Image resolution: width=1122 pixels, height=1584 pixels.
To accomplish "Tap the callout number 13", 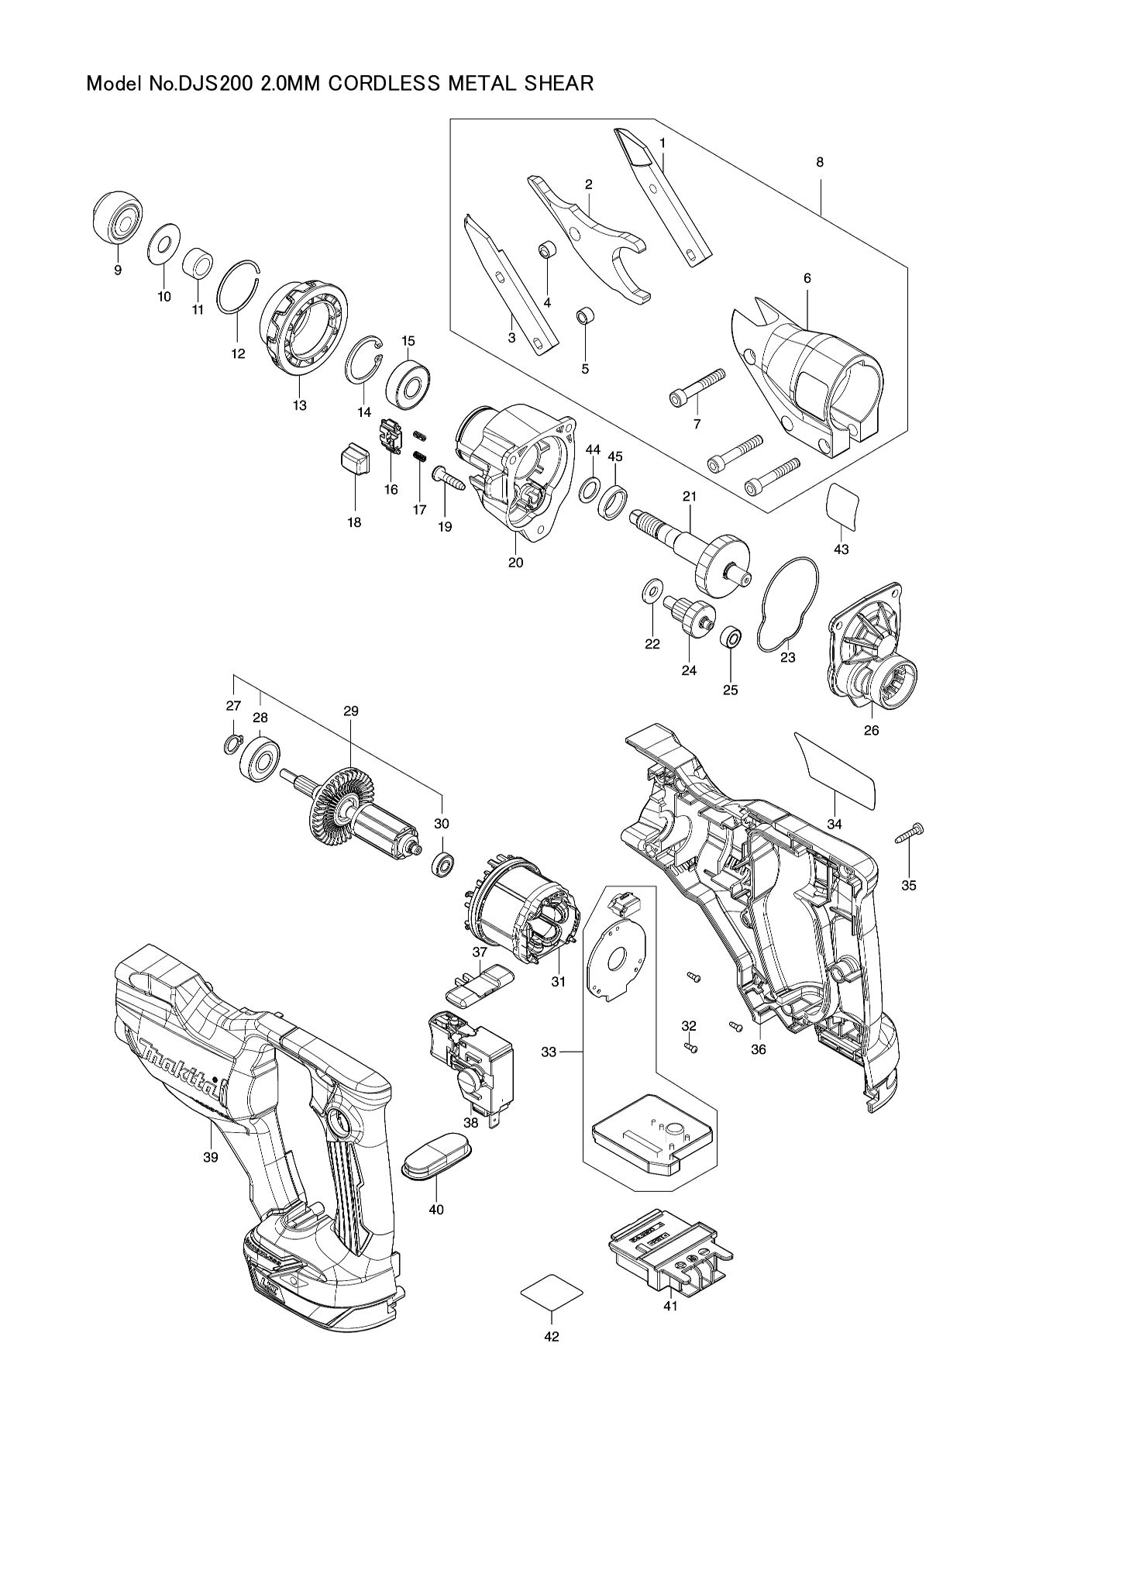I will (x=300, y=405).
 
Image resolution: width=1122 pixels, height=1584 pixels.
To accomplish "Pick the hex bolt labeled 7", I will (x=697, y=387).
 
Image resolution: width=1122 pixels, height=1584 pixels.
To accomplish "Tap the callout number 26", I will (x=871, y=730).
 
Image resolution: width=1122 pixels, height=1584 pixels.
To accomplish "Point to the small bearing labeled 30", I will (x=443, y=863).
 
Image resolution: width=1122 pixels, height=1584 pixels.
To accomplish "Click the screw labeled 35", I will (x=909, y=835).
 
